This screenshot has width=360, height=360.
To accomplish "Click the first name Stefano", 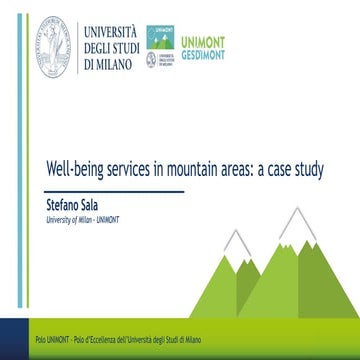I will (x=65, y=202).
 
